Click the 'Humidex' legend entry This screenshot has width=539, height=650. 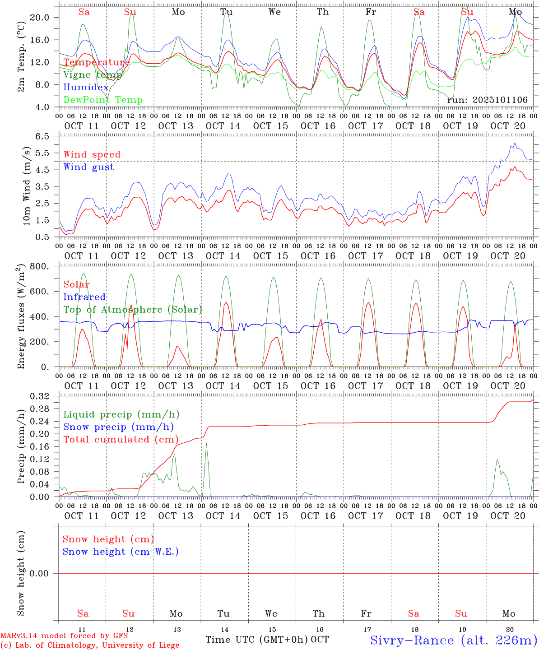pyautogui.click(x=86, y=88)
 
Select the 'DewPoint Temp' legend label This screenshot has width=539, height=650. pyautogui.click(x=103, y=100)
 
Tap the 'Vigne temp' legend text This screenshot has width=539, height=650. pyautogui.click(x=93, y=75)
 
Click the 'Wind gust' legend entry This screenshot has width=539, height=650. pyautogui.click(x=88, y=167)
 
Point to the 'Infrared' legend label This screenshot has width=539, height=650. pyautogui.click(x=84, y=297)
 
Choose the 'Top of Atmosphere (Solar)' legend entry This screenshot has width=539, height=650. pyautogui.click(x=133, y=310)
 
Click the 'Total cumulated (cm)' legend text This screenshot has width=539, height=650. pyautogui.click(x=121, y=439)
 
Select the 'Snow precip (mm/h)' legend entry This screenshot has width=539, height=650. pyautogui.click(x=118, y=427)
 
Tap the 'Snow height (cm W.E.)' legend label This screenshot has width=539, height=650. pyautogui.click(x=121, y=552)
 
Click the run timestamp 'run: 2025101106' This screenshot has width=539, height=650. pyautogui.click(x=487, y=100)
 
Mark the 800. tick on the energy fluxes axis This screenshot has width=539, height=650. pyautogui.click(x=40, y=266)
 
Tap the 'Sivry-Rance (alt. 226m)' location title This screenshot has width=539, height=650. pyautogui.click(x=453, y=640)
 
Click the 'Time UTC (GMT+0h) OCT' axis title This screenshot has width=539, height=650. pyautogui.click(x=267, y=640)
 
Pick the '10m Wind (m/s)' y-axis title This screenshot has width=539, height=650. pyautogui.click(x=27, y=186)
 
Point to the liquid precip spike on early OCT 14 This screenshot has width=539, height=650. pyautogui.click(x=206, y=445)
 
